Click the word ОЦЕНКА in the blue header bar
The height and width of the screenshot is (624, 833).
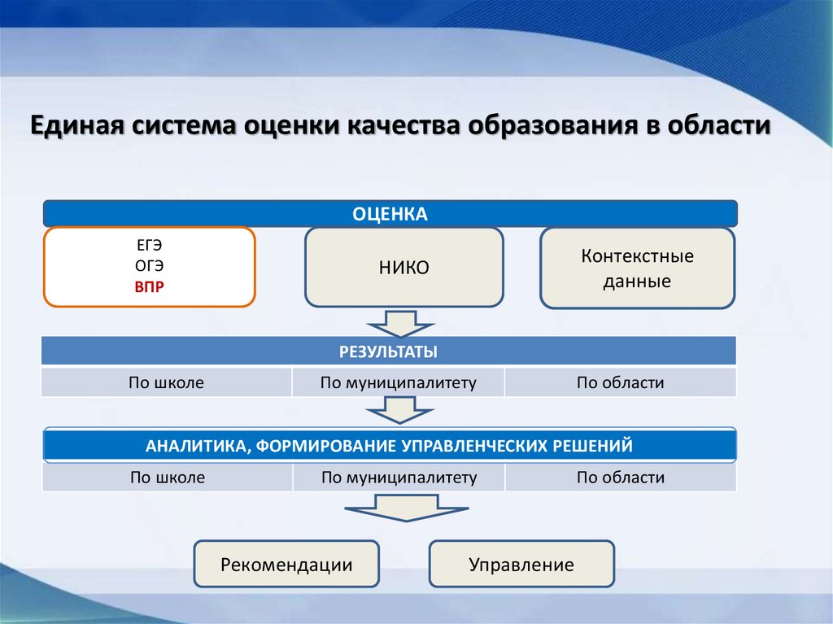tap(390, 213)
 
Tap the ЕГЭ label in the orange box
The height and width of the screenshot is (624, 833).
tap(149, 245)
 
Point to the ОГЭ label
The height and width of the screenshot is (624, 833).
tap(149, 266)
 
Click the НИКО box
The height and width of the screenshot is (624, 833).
tap(403, 268)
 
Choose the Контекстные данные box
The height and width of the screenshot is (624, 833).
tap(637, 268)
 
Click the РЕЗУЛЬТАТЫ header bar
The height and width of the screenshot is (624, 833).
tap(389, 351)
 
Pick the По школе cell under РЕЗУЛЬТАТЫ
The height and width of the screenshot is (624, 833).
tap(166, 382)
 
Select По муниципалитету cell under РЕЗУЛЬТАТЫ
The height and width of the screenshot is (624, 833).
tap(398, 382)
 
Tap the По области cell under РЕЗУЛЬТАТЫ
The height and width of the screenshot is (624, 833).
tap(621, 382)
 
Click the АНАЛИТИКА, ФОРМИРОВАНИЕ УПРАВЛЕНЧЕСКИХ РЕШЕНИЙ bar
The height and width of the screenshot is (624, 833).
tap(389, 446)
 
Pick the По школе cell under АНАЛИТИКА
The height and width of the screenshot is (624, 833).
tap(167, 478)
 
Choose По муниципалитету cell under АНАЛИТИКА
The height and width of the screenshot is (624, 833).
tap(399, 478)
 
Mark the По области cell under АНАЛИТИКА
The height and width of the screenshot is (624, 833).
tap(621, 478)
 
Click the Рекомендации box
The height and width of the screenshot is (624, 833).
tap(286, 565)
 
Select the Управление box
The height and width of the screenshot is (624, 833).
tap(521, 565)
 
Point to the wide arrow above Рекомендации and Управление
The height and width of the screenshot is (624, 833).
tap(405, 512)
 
